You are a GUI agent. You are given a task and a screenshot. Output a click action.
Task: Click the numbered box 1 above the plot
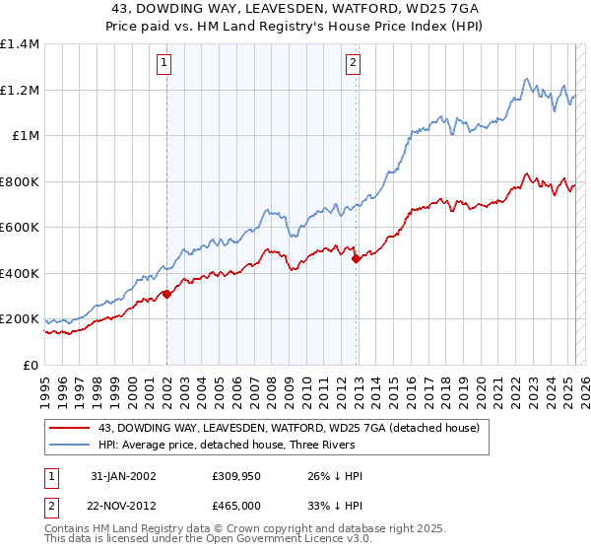point(163,64)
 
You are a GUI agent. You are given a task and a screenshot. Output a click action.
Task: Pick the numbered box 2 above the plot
point(353,64)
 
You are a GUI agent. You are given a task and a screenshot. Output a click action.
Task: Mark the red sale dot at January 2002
point(167,294)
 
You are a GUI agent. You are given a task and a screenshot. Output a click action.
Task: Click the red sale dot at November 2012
point(356,258)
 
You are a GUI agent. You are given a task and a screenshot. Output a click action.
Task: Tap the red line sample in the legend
point(71,428)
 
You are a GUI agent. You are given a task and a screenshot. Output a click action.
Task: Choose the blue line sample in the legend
point(71,445)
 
